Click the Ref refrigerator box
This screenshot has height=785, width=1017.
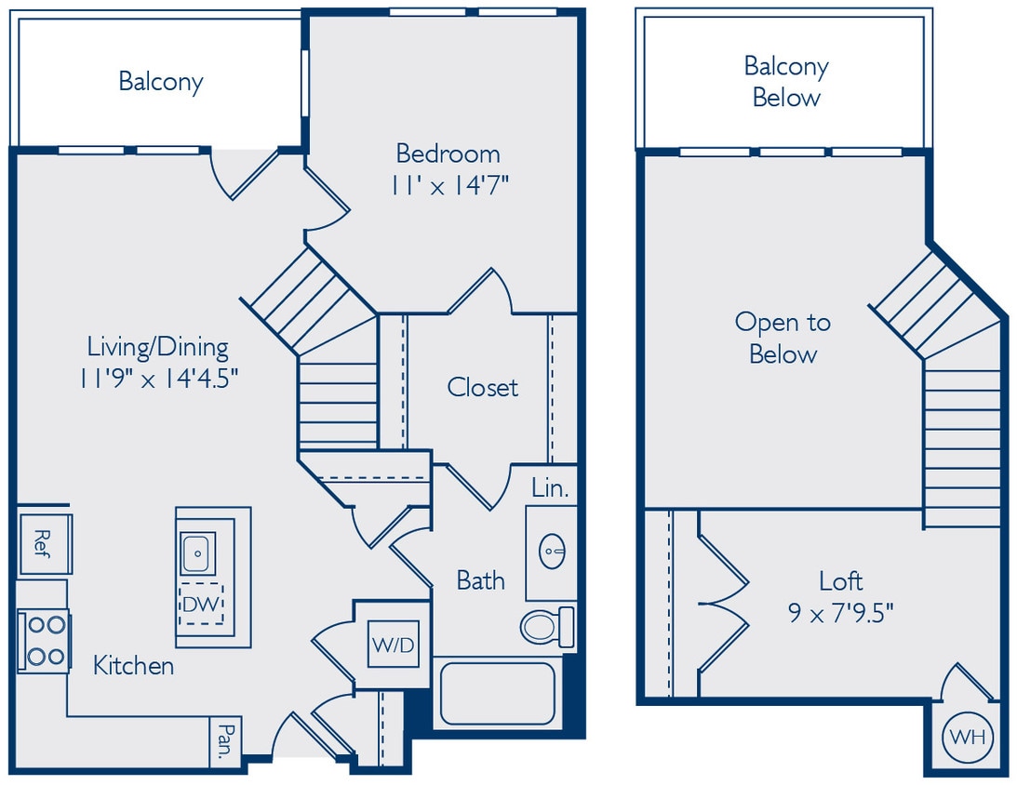(x=44, y=542)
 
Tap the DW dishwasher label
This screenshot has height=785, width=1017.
(x=201, y=605)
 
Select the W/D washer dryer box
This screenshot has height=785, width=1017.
(x=394, y=644)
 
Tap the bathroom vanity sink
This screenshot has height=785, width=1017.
(x=552, y=551)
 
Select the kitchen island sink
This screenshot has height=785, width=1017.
(x=198, y=553)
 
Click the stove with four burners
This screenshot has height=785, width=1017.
(x=44, y=641)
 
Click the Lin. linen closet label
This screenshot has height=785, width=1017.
(x=550, y=487)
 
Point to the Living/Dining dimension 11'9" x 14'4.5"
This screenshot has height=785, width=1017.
(x=158, y=379)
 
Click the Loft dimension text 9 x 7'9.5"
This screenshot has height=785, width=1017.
(x=840, y=613)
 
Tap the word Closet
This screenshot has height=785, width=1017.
(x=482, y=387)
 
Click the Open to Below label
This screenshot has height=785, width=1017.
(x=783, y=338)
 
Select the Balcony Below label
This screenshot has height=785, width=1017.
(x=786, y=82)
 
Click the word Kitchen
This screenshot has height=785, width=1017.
(x=133, y=666)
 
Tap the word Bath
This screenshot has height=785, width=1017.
(x=480, y=580)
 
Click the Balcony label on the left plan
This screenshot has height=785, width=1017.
(x=160, y=81)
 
